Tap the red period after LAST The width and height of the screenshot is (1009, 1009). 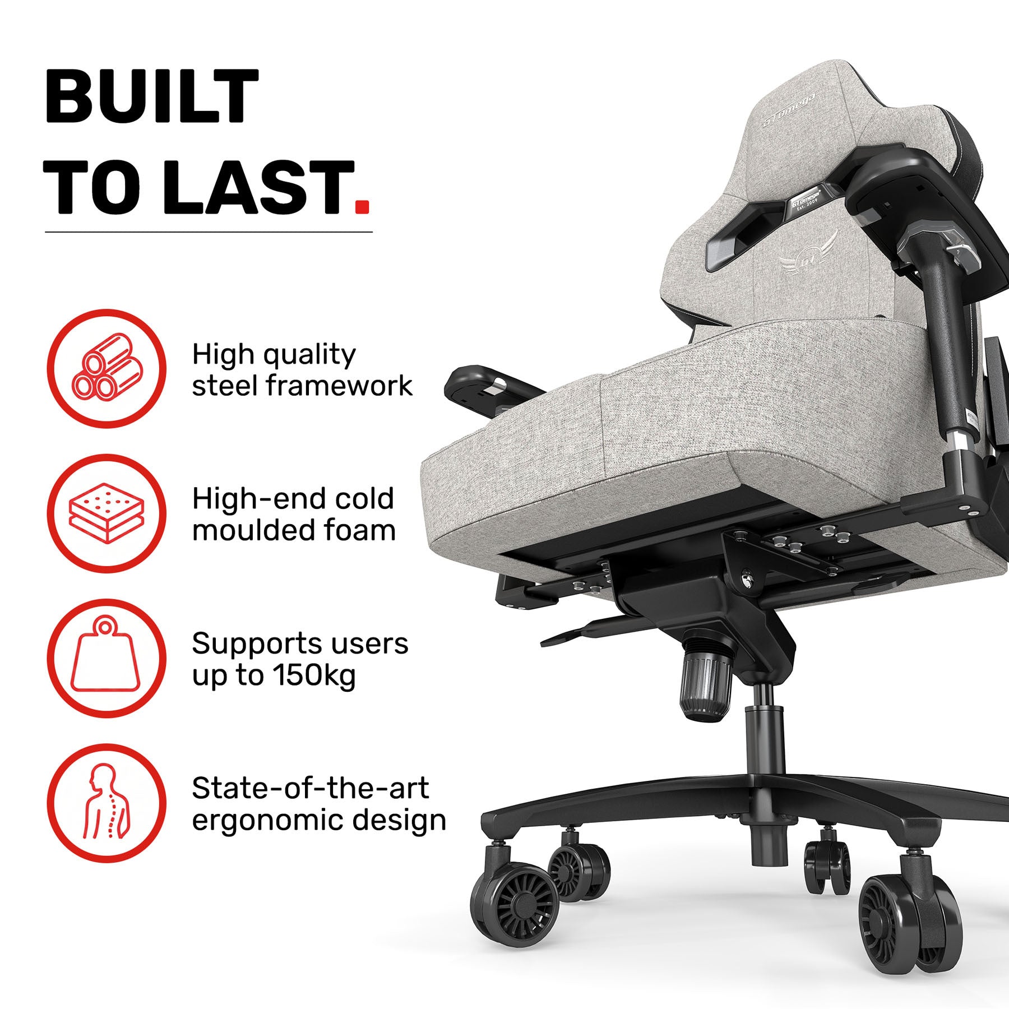click(x=363, y=206)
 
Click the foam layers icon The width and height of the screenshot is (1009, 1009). click(x=107, y=512)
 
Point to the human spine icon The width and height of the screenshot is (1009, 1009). click(x=107, y=801)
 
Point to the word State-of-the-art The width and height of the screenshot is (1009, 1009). click(x=311, y=788)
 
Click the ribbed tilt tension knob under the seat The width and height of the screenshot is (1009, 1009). click(x=705, y=687)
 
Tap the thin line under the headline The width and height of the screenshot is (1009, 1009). click(x=209, y=232)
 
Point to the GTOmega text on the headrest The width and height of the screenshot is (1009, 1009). click(x=784, y=114)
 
